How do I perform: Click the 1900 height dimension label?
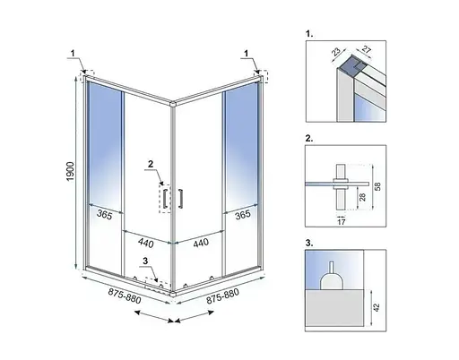[x=70, y=172]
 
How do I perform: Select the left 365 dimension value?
[x=104, y=214]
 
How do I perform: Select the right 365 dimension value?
[x=242, y=214]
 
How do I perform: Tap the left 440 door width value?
[x=146, y=243]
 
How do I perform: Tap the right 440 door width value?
[x=201, y=243]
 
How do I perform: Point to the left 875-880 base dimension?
[x=125, y=296]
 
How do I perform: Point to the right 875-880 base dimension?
[x=222, y=296]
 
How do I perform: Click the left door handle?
[x=164, y=198]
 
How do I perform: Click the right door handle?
[x=180, y=198]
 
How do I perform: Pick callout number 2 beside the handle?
[x=151, y=164]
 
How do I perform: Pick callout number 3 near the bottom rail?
[x=145, y=261]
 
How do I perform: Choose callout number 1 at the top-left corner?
[x=73, y=53]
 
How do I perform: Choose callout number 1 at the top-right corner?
[x=247, y=54]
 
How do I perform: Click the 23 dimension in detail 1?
[x=336, y=51]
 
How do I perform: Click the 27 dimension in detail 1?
[x=367, y=49]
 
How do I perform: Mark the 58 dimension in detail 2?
[x=377, y=186]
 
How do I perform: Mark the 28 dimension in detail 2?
[x=362, y=197]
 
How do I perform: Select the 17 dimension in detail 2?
[x=342, y=222]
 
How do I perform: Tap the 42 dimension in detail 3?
[x=377, y=308]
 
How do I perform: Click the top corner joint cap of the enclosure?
[x=172, y=104]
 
